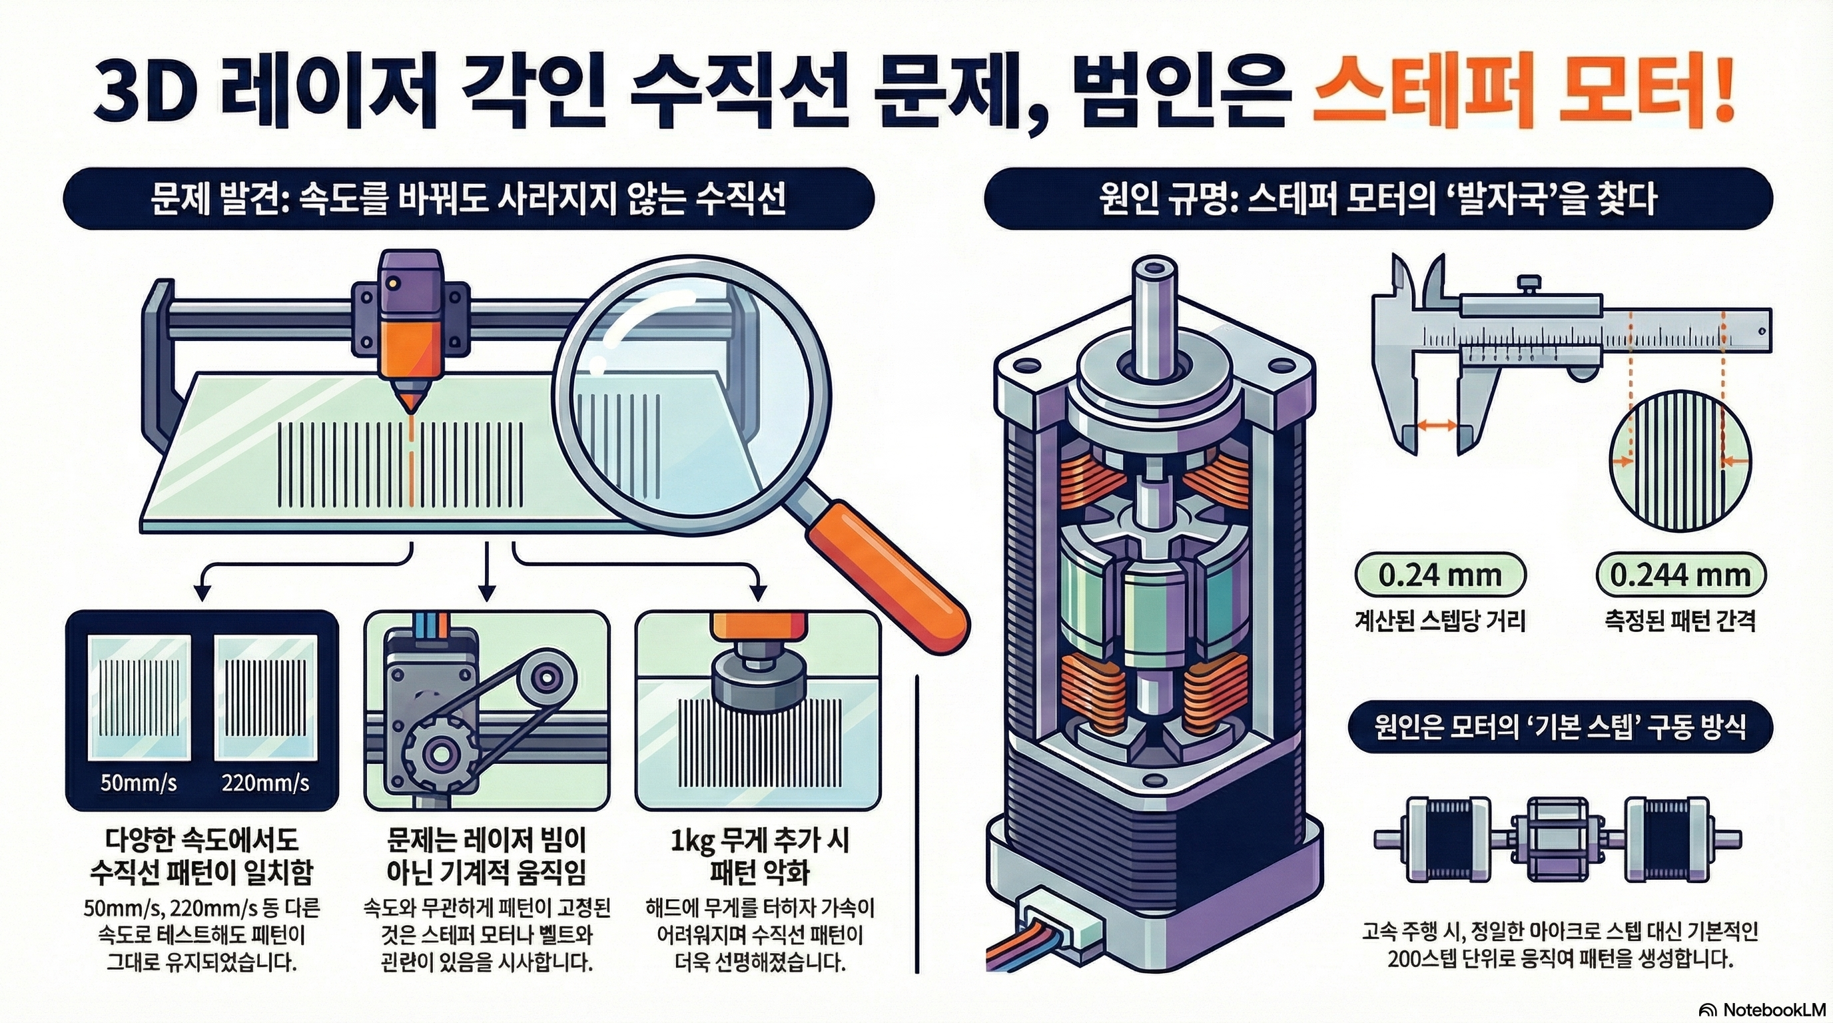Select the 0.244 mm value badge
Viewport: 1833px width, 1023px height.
coord(1679,575)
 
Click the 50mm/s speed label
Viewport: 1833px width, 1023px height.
coord(138,783)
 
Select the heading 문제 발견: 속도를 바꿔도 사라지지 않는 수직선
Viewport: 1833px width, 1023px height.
coord(468,198)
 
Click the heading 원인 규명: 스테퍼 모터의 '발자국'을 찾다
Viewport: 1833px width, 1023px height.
coord(1377,198)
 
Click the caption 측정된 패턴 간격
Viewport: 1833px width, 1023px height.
coord(1679,621)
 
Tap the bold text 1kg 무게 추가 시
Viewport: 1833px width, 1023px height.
coord(759,843)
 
